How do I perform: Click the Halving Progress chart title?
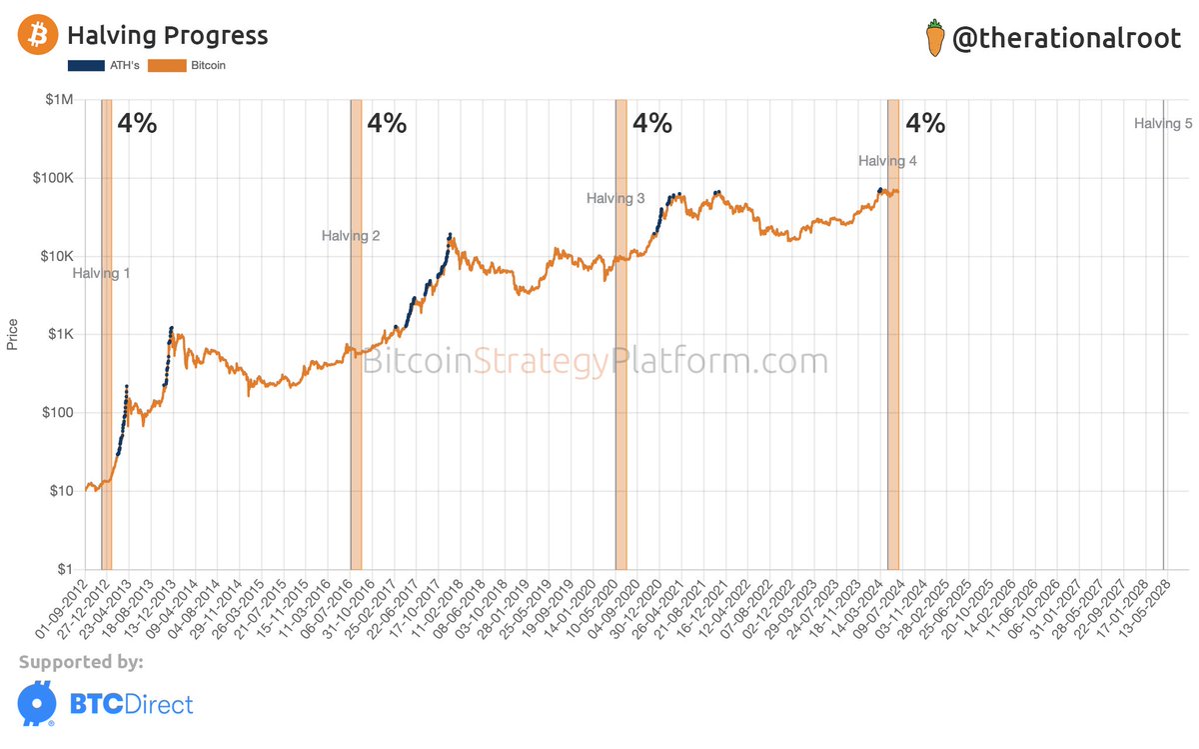point(167,36)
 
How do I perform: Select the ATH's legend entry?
point(105,65)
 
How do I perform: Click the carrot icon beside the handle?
point(934,38)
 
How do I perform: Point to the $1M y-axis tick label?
point(60,100)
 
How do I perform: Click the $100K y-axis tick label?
point(54,178)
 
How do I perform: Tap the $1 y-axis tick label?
point(65,569)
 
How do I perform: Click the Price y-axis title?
point(12,333)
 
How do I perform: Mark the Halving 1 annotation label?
point(101,273)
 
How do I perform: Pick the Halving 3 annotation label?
point(615,198)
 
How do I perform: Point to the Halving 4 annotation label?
point(887,160)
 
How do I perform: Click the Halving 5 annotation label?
point(1163,124)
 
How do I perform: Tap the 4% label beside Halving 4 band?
point(924,123)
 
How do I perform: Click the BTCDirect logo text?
point(130,704)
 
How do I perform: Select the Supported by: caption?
point(81,662)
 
